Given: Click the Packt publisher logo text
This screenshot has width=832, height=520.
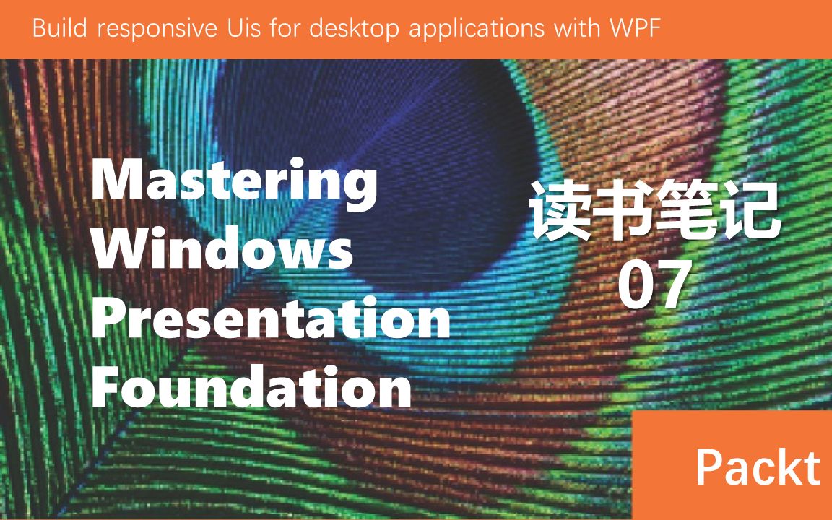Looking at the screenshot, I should (x=758, y=467).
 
